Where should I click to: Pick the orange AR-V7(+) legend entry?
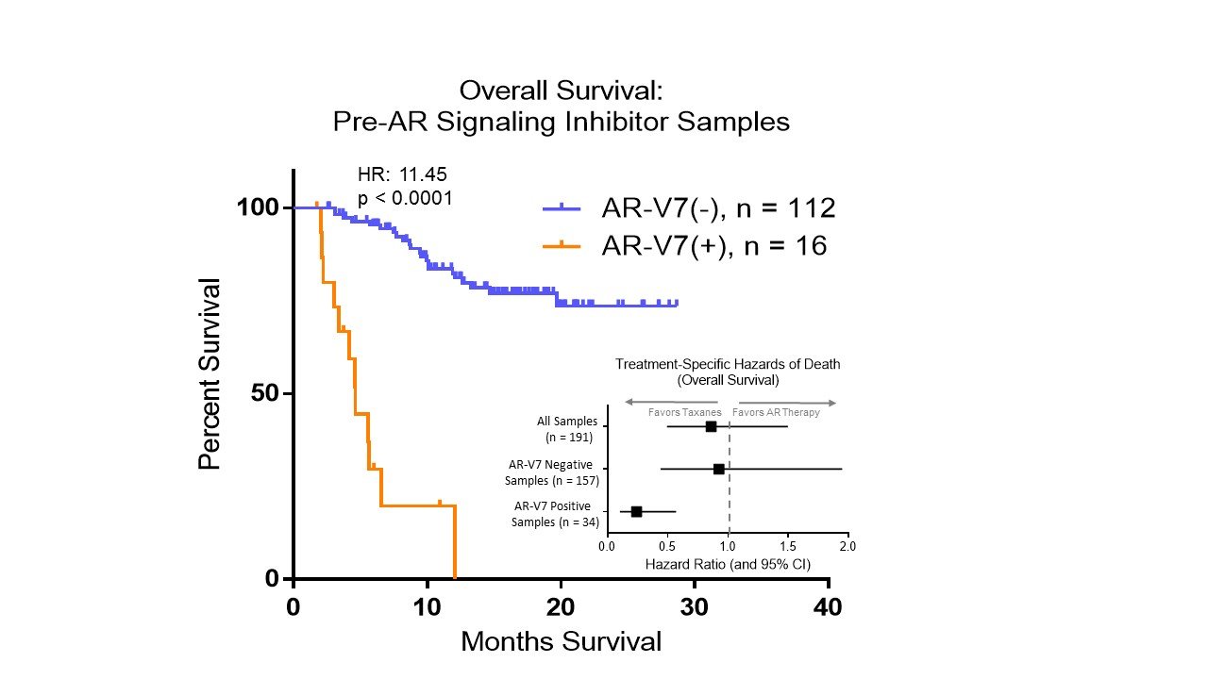685,246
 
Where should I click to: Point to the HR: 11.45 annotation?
402,174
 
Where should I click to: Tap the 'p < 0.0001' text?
405,198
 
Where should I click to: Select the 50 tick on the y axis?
267,392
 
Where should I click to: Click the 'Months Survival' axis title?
561,642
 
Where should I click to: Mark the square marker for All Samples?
711,426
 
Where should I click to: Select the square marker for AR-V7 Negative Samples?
718,469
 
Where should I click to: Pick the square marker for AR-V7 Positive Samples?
636,511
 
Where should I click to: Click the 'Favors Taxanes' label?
684,412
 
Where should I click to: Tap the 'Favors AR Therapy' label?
777,412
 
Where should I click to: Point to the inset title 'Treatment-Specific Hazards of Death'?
728,364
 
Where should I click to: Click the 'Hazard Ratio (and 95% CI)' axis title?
728,565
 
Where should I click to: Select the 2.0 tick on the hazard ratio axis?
847,545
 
